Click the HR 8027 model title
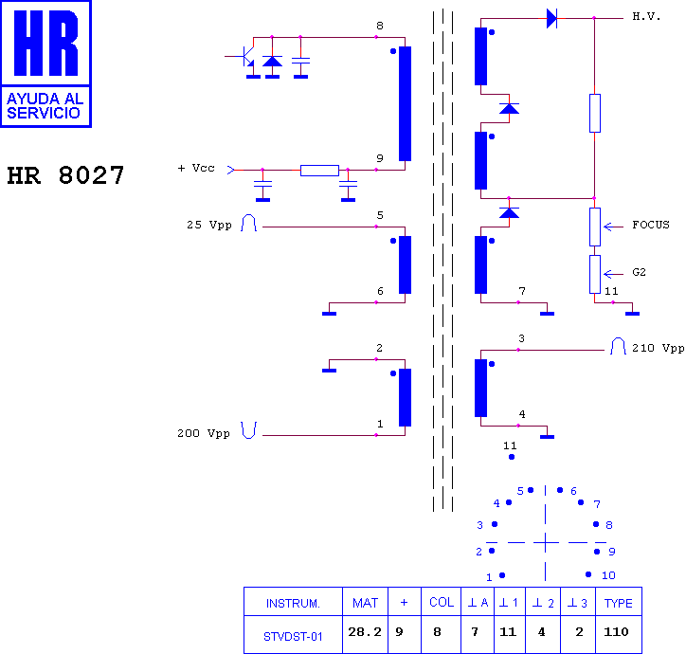coord(65,175)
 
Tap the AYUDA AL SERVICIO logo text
coord(45,106)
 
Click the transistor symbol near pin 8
coord(245,57)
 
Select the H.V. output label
coord(646,17)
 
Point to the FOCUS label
coord(651,225)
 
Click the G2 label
coord(639,272)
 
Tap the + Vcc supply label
coord(196,168)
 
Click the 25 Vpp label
coord(209,225)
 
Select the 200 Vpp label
coord(204,433)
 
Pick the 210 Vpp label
coord(658,348)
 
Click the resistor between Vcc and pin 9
coord(319,171)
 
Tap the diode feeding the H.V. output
coord(552,18)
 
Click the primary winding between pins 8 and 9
coord(406,103)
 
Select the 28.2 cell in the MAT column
coord(365,631)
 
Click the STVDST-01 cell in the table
coord(293,637)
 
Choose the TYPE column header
coord(618,603)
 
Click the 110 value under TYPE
coord(616,631)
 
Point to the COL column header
coord(442,603)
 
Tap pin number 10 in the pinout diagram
coord(608,575)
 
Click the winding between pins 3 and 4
coord(480,388)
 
